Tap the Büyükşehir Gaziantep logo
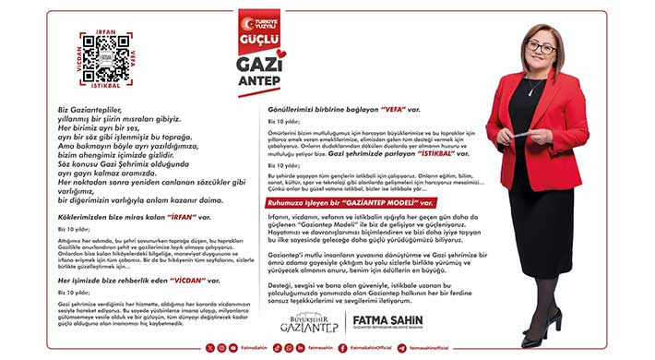(309, 322)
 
